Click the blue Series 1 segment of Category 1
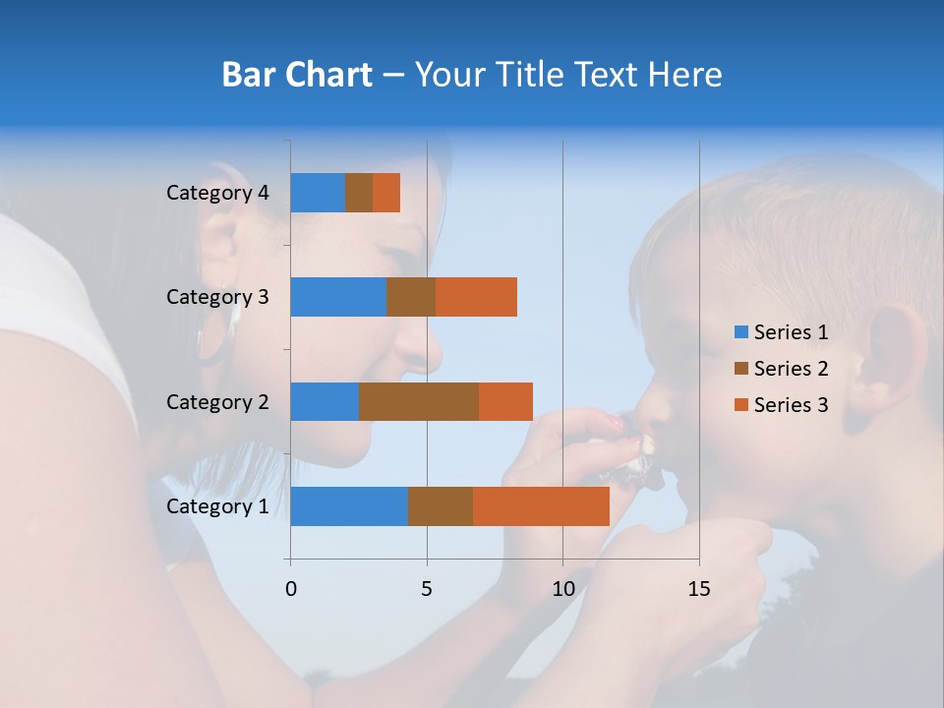349,506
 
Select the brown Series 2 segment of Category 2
419,401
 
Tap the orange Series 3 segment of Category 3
476,297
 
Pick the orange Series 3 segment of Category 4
386,193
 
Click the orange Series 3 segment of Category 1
541,506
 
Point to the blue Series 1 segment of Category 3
338,297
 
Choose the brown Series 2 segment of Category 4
359,193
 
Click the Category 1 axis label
217,506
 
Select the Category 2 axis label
217,402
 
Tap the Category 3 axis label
217,297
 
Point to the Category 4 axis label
217,193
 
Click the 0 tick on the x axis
291,589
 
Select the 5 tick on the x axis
427,589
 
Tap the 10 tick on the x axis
562,589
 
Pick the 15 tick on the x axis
699,589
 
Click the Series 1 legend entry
781,332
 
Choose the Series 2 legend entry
781,369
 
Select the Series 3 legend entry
781,405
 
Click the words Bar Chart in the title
296,75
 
